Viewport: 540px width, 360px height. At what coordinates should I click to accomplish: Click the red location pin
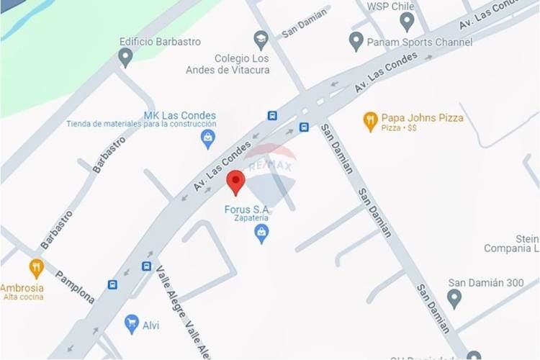click(236, 181)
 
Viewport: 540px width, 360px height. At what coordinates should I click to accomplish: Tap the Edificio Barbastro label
click(160, 42)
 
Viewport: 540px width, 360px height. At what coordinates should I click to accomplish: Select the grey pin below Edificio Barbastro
click(125, 57)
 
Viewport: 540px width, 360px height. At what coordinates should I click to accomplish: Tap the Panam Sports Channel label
click(419, 42)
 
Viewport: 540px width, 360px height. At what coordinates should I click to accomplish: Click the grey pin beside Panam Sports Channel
click(356, 41)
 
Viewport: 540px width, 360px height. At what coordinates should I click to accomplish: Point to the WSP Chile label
click(391, 6)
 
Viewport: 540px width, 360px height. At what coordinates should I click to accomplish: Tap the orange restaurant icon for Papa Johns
click(370, 120)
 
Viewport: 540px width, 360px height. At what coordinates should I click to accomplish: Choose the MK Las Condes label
click(179, 115)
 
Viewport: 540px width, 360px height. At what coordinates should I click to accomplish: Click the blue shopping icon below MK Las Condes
click(208, 138)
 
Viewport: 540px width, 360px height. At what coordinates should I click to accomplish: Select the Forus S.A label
click(247, 209)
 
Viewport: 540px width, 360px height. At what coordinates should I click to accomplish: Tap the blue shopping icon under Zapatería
click(261, 233)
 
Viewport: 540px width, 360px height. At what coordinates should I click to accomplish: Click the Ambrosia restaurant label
click(22, 288)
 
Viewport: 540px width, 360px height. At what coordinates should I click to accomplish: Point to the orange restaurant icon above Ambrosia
click(36, 269)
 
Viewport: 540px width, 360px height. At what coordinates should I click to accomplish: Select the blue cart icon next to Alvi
click(131, 324)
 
